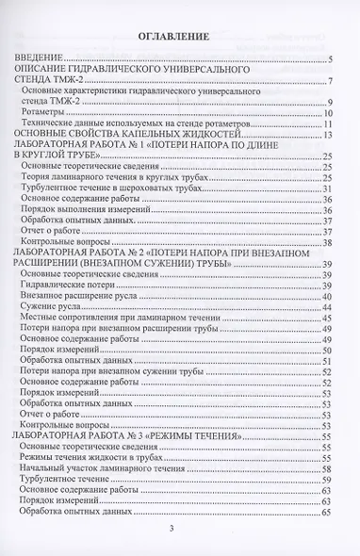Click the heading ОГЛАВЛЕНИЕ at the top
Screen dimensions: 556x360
(x=179, y=37)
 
